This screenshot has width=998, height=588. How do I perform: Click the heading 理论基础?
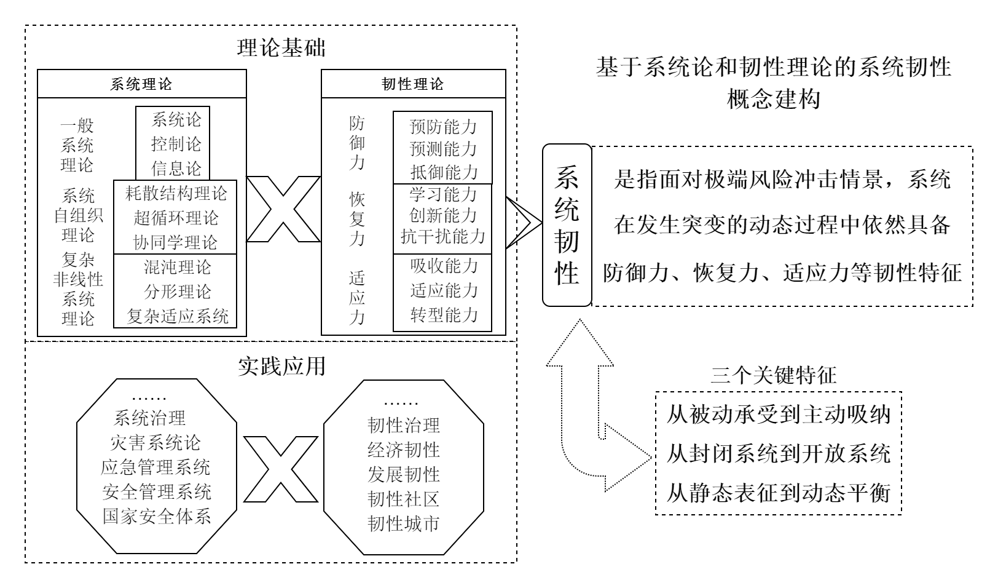(x=281, y=49)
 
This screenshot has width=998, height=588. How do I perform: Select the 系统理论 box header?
(x=141, y=84)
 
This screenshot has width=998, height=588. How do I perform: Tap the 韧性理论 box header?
(x=413, y=84)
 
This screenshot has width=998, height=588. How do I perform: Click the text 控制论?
(x=176, y=144)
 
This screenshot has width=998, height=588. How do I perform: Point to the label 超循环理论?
(x=176, y=218)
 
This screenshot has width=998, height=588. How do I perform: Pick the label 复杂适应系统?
(x=178, y=316)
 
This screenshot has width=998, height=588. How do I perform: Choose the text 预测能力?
(x=443, y=149)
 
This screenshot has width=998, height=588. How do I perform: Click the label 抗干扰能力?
(x=443, y=236)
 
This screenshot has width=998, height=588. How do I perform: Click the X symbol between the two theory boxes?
(x=283, y=210)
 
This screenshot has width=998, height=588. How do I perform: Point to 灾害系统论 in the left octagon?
(x=155, y=443)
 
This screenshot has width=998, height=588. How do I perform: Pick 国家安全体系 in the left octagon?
(x=157, y=515)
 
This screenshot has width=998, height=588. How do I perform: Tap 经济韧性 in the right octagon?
(x=404, y=450)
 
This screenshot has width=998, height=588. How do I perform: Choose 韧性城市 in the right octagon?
(x=404, y=523)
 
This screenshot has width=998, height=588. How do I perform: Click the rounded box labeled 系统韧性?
(x=567, y=225)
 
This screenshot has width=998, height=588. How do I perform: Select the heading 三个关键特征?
(x=774, y=375)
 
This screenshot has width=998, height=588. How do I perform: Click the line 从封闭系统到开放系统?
(x=778, y=454)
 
